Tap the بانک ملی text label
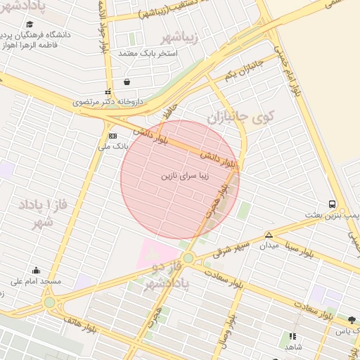112,146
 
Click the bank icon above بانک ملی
112,135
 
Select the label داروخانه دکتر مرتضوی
108,102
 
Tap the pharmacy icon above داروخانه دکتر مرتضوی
108,91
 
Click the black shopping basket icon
126,82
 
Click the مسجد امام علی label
36,281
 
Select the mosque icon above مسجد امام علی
36,270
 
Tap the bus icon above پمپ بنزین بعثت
332,204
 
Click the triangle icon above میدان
269,235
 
